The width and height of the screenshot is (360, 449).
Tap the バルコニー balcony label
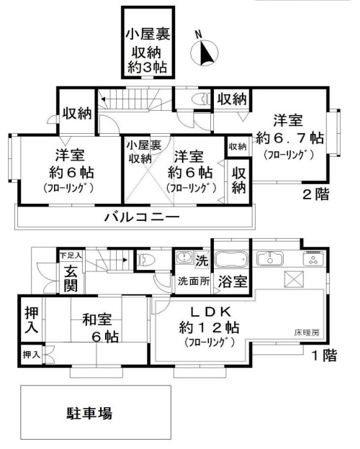click(x=141, y=216)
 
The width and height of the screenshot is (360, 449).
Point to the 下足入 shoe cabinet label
click(x=70, y=255)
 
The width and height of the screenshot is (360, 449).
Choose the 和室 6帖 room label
click(x=102, y=328)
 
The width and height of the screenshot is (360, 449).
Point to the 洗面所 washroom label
click(x=194, y=281)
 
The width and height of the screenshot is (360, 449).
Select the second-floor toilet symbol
click(x=200, y=99)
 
